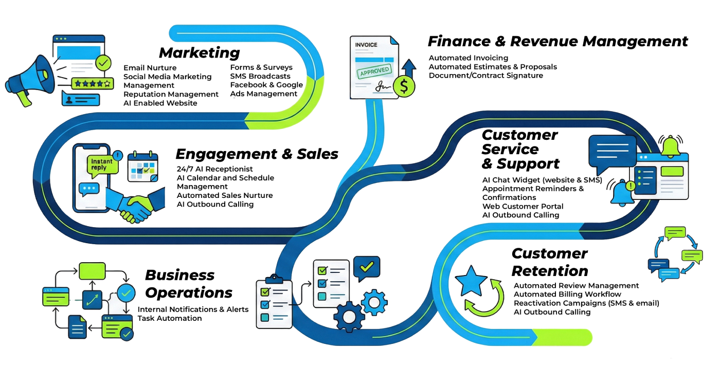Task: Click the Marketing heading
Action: [x=199, y=53]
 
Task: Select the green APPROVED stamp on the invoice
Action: [x=374, y=71]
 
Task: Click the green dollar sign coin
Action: [x=404, y=86]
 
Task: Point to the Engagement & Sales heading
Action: [x=257, y=154]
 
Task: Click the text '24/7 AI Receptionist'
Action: [x=214, y=169]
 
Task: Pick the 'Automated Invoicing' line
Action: [x=468, y=58]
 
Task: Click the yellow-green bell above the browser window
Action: [x=671, y=146]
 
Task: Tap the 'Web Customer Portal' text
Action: [x=523, y=206]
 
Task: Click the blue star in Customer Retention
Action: [x=471, y=282]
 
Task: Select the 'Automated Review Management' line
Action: [x=576, y=286]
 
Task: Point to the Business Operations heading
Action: [x=188, y=284]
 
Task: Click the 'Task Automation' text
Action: [x=169, y=318]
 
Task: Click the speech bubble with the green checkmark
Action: [x=368, y=268]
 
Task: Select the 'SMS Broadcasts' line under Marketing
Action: [x=260, y=76]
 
